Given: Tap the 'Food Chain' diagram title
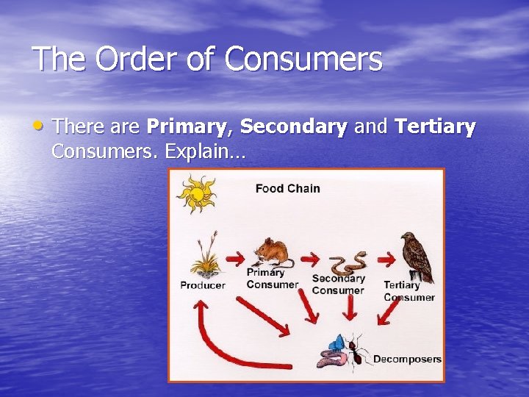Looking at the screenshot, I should [287, 188].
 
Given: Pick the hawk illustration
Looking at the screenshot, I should [416, 257].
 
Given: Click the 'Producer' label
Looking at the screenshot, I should [203, 285].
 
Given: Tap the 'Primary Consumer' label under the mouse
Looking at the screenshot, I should [272, 279].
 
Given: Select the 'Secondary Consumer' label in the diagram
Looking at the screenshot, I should [338, 285].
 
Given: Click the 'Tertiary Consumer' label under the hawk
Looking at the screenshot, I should [409, 291].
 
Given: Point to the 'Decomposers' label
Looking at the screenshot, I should [407, 360].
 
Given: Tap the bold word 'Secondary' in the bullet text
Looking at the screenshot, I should [294, 126].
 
